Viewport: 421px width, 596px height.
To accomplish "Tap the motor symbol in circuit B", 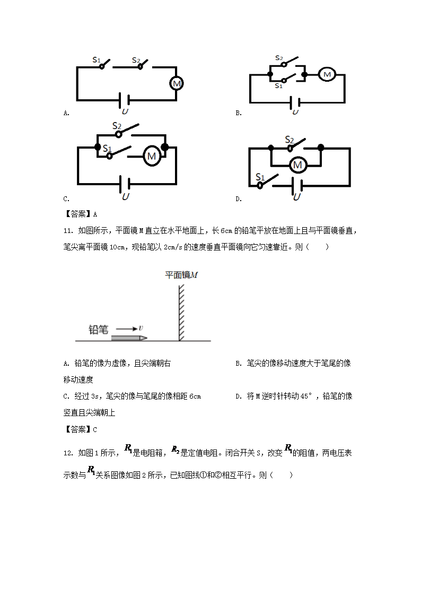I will pyautogui.click(x=327, y=74).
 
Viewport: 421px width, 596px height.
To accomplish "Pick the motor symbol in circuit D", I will pyautogui.click(x=297, y=165).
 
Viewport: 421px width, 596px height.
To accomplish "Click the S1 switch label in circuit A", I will pyautogui.click(x=97, y=60).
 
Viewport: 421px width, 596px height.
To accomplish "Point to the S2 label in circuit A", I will pyautogui.click(x=136, y=60).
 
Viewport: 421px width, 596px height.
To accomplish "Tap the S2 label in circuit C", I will pyautogui.click(x=117, y=126).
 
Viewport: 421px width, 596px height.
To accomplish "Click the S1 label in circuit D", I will pyautogui.click(x=260, y=177).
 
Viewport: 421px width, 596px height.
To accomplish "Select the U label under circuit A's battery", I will pyautogui.click(x=125, y=112).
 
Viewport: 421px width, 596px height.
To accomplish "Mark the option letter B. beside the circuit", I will pyautogui.click(x=239, y=113).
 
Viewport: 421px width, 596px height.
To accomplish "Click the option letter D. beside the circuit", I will pyautogui.click(x=239, y=199).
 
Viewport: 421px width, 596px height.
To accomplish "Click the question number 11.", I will pyautogui.click(x=67, y=231).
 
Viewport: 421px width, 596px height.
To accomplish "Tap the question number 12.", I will pyautogui.click(x=67, y=453).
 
